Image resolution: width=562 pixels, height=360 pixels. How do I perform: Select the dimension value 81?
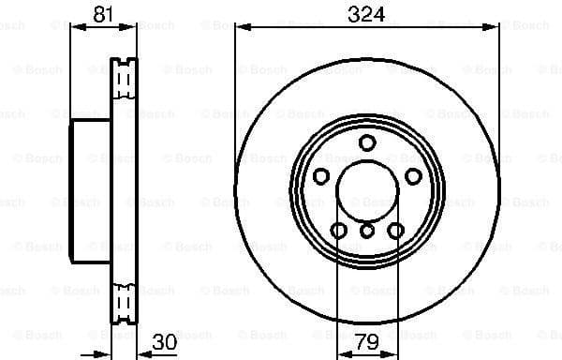coord(105,14)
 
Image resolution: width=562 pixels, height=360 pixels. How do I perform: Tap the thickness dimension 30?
coord(165,341)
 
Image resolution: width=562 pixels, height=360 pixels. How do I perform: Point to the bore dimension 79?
coord(366,341)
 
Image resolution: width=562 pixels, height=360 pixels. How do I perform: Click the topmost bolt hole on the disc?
coord(367,142)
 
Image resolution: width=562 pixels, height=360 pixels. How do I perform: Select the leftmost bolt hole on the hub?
coord(320,177)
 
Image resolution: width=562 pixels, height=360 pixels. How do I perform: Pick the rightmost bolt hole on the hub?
coord(413,177)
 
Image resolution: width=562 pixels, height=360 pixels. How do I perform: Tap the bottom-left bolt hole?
coord(338,231)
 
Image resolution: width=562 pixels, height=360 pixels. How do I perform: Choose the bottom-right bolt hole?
coord(396,231)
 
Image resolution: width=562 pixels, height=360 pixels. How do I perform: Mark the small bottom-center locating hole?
coord(367,231)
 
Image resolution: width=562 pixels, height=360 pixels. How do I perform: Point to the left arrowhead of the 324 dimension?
coord(241,27)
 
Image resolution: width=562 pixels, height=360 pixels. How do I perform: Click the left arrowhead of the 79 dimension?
coord(341,354)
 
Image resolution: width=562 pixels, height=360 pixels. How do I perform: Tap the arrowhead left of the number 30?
coord(142,354)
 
